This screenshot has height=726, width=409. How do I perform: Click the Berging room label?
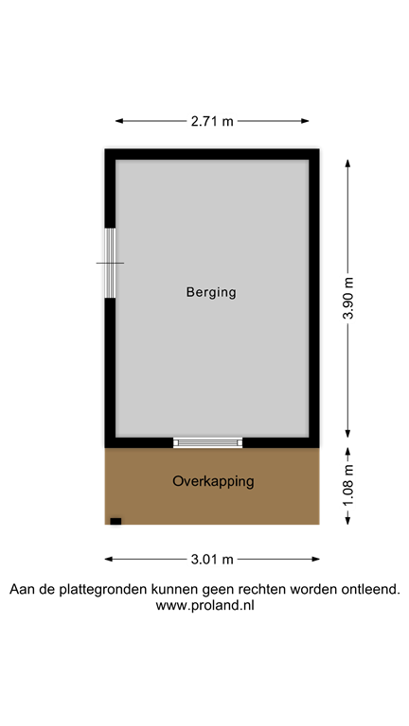[x=211, y=292]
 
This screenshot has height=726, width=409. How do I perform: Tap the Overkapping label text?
[x=213, y=481]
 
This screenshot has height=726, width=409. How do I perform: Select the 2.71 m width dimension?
[x=212, y=121]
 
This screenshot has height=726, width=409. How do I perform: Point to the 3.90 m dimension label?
[x=348, y=299]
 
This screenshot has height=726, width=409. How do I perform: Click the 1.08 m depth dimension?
[x=348, y=487]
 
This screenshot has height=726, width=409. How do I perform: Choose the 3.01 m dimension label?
[x=212, y=559]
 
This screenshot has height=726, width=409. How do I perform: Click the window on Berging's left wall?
[x=110, y=263]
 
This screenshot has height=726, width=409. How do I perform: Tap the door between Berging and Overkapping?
[x=208, y=442]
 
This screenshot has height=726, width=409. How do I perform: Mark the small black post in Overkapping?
[x=116, y=521]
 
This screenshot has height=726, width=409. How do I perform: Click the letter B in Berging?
[x=190, y=292]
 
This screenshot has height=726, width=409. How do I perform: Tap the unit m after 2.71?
[x=227, y=121]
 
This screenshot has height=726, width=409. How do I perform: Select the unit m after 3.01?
[x=227, y=559]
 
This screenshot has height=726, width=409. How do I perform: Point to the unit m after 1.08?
[x=348, y=469]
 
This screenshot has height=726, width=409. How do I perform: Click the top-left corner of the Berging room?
[x=116, y=161]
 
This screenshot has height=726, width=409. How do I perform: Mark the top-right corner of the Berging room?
[x=308, y=161]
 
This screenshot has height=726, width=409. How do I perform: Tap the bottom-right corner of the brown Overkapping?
[x=319, y=525]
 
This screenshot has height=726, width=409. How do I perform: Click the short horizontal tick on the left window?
[x=115, y=263]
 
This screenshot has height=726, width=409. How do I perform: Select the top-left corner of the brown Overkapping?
[x=105, y=449]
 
